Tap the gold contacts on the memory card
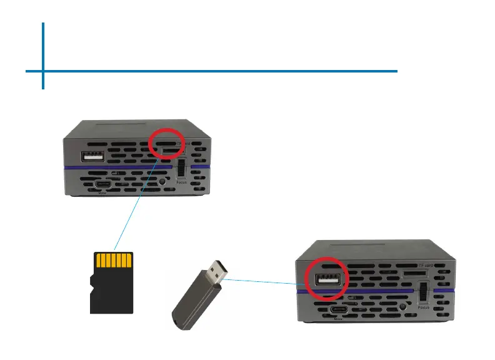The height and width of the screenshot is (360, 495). pos(113,260)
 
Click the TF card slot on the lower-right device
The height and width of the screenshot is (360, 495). pos(411,273)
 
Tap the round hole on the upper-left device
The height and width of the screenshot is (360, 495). pos(163,182)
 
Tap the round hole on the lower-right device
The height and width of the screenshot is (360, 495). pos(404,307)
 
